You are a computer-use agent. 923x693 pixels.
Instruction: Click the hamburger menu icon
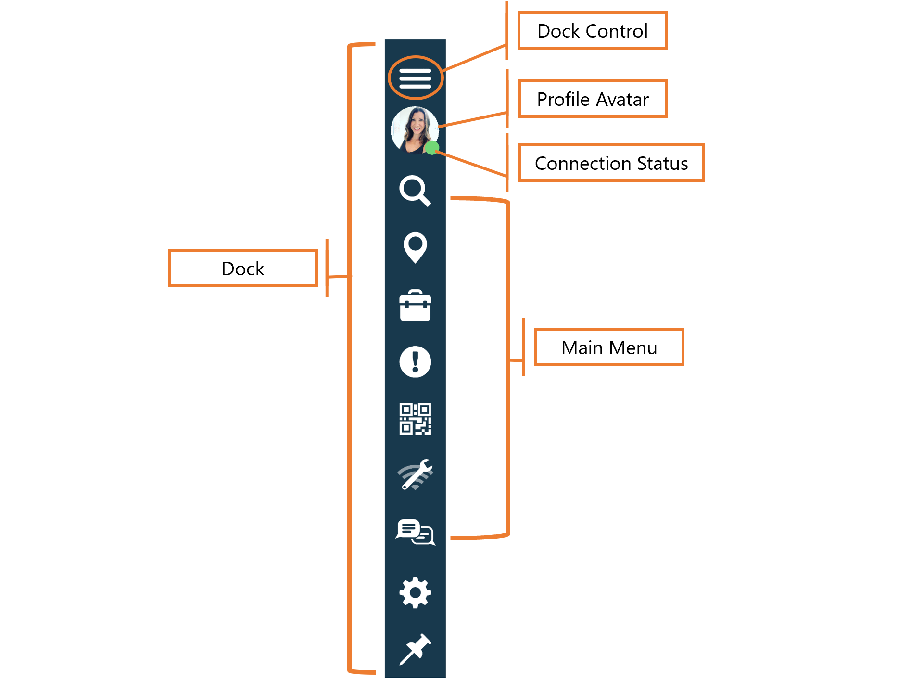(x=415, y=78)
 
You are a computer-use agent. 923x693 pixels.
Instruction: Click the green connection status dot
(x=431, y=148)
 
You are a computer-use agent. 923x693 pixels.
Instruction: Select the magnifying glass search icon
(x=415, y=191)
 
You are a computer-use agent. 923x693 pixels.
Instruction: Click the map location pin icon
(x=415, y=247)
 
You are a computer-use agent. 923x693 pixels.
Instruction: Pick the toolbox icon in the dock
(x=415, y=306)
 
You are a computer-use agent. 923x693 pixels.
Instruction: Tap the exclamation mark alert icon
(x=415, y=362)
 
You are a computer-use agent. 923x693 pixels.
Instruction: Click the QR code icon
(x=415, y=419)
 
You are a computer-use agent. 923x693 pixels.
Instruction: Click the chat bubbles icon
(x=415, y=532)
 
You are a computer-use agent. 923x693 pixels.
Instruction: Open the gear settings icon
(x=415, y=592)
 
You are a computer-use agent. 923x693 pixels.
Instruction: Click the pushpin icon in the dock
(x=415, y=649)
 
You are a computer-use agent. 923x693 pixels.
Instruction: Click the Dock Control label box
(x=592, y=31)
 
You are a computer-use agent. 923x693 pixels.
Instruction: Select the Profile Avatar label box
(x=593, y=99)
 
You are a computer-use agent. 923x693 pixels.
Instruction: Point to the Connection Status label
(x=611, y=163)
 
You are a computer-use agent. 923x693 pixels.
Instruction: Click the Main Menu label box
(x=609, y=347)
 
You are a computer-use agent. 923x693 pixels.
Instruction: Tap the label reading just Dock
(x=243, y=269)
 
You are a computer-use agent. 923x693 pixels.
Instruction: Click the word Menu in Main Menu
(x=632, y=348)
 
